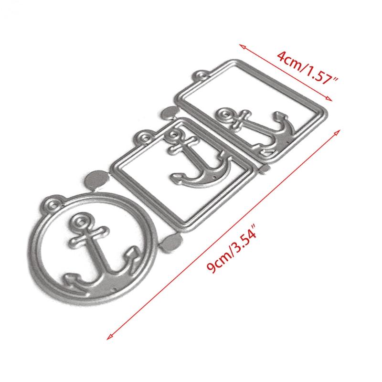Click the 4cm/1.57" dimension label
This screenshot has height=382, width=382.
point(308,68)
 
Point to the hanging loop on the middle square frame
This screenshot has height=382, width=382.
point(144,137)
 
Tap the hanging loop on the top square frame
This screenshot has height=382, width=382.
point(201,75)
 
